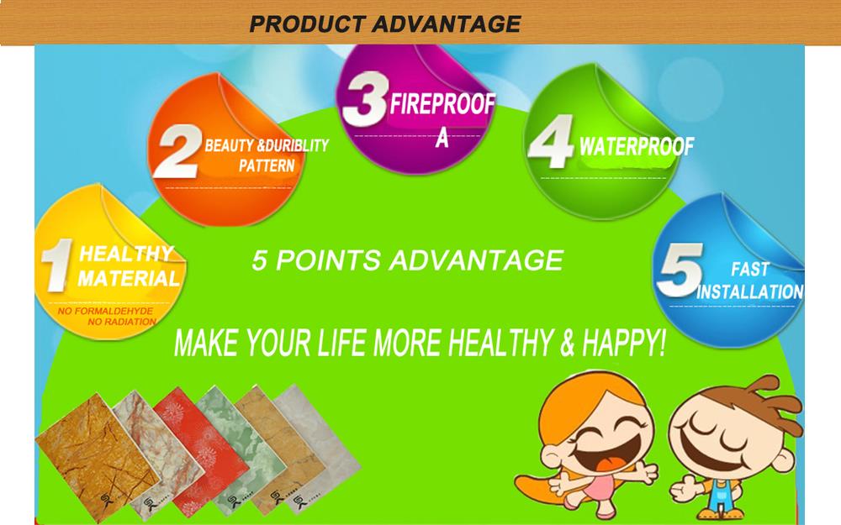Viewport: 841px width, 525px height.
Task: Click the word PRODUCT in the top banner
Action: coord(308,24)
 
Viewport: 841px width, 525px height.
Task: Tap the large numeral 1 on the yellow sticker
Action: coord(57,265)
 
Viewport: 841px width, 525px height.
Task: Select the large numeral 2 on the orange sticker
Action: coord(177,151)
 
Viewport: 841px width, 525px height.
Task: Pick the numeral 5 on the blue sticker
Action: coord(680,270)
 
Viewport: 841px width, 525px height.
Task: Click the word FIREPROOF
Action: coord(442,104)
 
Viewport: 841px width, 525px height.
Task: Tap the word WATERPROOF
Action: coord(637,146)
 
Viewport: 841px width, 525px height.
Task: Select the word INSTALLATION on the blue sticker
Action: coord(750,292)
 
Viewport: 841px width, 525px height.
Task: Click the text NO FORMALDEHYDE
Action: coord(106,312)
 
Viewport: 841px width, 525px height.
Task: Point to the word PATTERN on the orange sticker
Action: coord(267,166)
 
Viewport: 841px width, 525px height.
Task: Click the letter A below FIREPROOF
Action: coord(442,139)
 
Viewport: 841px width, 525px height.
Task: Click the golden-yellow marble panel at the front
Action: coord(98,457)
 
